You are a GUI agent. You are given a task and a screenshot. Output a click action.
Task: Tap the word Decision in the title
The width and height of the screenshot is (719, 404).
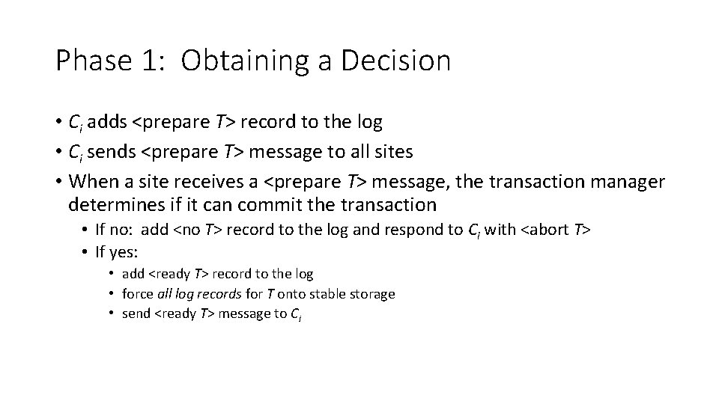point(395,61)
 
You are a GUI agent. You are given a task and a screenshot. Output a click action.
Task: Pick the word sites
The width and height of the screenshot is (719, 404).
point(391,153)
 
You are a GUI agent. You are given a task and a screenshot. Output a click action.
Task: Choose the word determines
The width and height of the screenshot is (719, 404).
point(112,204)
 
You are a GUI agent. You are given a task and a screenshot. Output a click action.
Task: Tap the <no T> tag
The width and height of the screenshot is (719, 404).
point(198,230)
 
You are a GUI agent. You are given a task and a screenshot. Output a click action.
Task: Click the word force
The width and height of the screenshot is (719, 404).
point(137,294)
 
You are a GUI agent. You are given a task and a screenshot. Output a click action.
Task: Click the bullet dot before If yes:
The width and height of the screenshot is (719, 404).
point(87,252)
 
